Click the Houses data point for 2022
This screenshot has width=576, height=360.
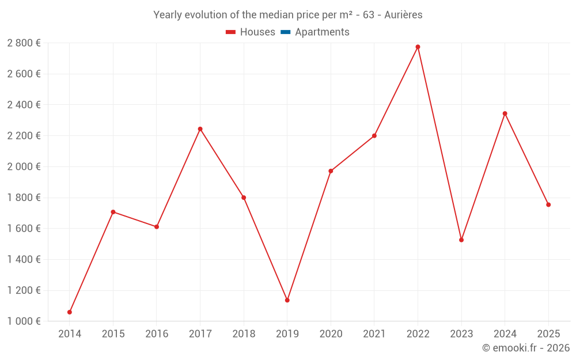point(418,47)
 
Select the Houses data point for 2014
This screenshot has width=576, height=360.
point(70,312)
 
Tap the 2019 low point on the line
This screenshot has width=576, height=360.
point(287,300)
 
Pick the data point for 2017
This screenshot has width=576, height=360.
point(200,129)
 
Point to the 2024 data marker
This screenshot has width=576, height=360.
point(505,113)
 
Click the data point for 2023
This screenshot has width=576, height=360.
point(461,240)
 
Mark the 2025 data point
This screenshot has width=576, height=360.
point(548,204)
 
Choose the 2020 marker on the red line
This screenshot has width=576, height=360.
point(331,171)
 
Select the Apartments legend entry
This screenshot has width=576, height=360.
point(322,32)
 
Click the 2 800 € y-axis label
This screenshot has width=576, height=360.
point(24,43)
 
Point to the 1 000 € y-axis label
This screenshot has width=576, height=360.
point(24,321)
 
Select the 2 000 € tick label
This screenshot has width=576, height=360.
point(24,166)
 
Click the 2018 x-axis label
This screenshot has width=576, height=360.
point(244,334)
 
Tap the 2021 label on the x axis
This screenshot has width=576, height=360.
point(374,334)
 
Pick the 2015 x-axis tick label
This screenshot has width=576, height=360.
point(113,334)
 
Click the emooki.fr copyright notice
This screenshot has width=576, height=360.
point(526,348)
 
